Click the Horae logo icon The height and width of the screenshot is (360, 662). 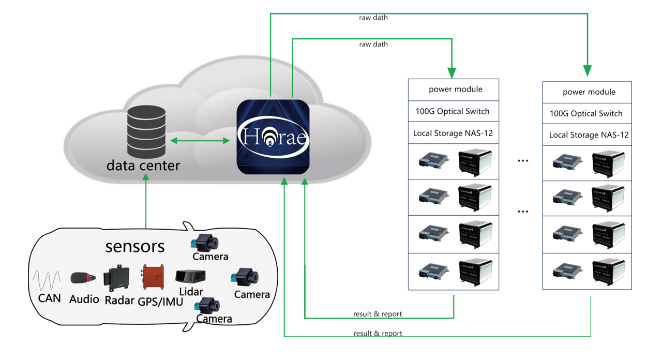click(x=273, y=137)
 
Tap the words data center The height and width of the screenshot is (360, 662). click(x=143, y=166)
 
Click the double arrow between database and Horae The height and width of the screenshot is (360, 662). click(x=200, y=140)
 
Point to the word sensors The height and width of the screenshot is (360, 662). click(x=135, y=246)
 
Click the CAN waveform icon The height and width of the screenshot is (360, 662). click(x=47, y=281)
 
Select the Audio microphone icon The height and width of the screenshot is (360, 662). click(x=83, y=278)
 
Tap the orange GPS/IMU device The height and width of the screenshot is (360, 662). click(x=154, y=277)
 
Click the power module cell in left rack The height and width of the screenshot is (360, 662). click(x=454, y=89)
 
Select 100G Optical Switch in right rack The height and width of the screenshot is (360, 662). click(x=587, y=113)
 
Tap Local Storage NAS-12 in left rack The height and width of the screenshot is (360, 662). click(x=454, y=133)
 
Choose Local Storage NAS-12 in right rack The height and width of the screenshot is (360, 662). click(x=587, y=135)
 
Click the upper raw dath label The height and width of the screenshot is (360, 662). click(x=373, y=18)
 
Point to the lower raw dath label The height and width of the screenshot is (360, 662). click(x=373, y=44)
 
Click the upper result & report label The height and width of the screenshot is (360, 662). click(x=378, y=314)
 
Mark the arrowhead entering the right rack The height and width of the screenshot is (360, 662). click(x=588, y=70)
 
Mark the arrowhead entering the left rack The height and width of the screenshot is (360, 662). click(x=452, y=72)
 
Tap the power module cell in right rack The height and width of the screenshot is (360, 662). click(x=587, y=92)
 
